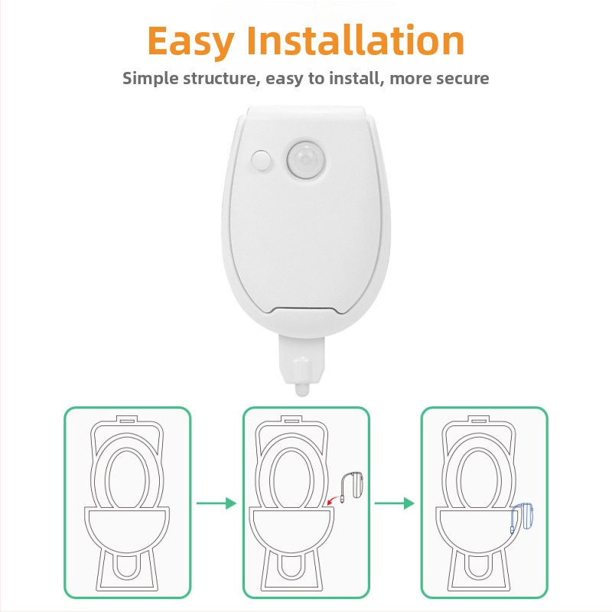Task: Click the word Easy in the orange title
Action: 190,41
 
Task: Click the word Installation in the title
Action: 356,40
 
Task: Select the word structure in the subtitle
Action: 221,79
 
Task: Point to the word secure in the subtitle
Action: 463,79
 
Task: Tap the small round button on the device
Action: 261,160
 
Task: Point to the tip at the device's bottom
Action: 301,390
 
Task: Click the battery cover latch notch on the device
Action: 305,311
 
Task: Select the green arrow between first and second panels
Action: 216,503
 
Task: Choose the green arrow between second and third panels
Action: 394,503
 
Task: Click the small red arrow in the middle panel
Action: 333,500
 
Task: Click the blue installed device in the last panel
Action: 522,518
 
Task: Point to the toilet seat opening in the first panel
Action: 127,480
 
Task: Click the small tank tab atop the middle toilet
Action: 292,419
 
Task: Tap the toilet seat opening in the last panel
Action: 479,480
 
